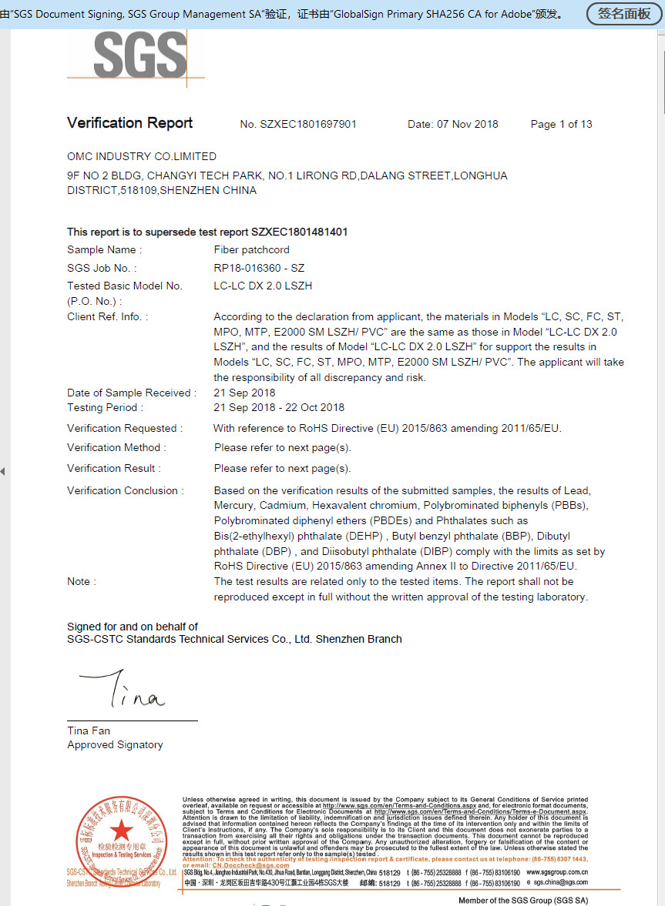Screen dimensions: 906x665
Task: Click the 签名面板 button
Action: pos(624,14)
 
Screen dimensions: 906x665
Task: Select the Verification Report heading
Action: pos(129,123)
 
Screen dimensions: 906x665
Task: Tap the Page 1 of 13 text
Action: pos(561,124)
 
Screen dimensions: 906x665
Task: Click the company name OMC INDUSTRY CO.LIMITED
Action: pos(142,156)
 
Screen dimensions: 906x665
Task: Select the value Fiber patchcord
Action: pos(252,249)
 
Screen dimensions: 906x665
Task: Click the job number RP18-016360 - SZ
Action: pos(259,268)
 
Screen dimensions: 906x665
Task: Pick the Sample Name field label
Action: pos(104,249)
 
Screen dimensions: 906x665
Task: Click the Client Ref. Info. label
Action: pos(107,316)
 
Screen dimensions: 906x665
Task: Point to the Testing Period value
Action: pos(279,407)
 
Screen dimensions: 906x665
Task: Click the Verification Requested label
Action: pos(125,428)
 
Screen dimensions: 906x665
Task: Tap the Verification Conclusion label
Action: pos(126,490)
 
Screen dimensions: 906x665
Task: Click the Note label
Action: pos(82,581)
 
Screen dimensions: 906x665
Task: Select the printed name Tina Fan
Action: pos(89,730)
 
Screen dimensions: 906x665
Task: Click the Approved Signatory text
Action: pos(115,744)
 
